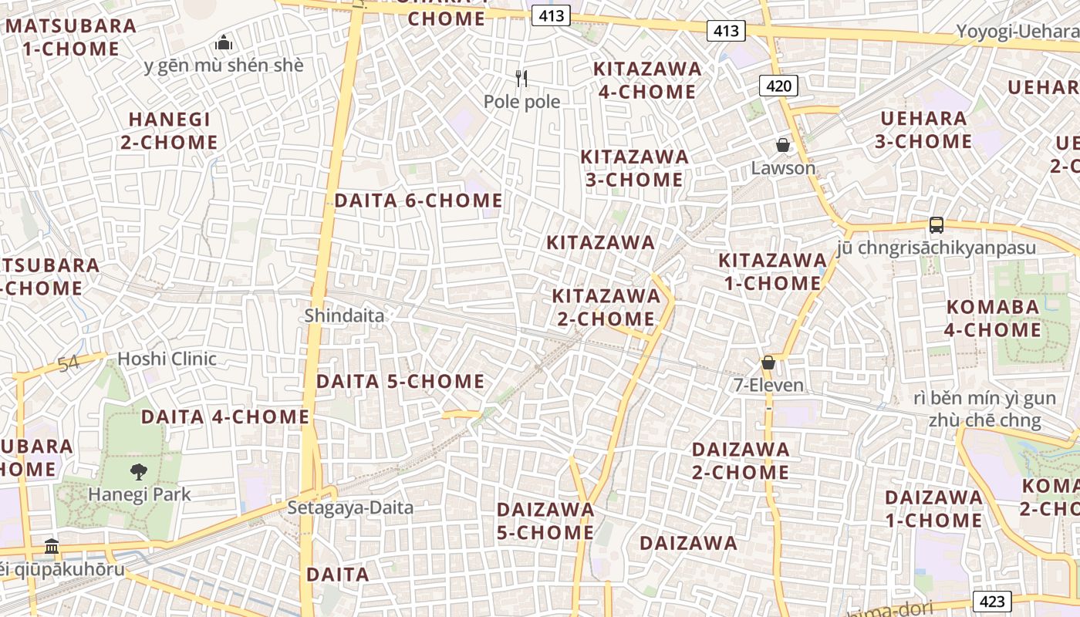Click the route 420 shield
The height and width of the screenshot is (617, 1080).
(x=778, y=86)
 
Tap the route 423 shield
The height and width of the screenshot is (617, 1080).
(x=991, y=601)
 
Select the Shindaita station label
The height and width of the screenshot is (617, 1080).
(x=344, y=315)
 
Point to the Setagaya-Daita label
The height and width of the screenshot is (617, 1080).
(x=350, y=507)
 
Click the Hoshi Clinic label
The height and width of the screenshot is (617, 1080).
(x=167, y=359)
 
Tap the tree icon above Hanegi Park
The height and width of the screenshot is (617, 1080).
(x=139, y=471)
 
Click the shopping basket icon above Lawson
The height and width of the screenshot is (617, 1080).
(x=783, y=145)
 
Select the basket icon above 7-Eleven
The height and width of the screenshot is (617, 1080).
(x=768, y=362)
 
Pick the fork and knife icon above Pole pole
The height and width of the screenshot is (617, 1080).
(x=521, y=78)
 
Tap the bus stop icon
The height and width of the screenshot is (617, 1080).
(x=937, y=225)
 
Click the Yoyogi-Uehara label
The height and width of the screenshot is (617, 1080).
(x=1018, y=32)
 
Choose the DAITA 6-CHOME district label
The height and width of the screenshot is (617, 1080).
(x=418, y=201)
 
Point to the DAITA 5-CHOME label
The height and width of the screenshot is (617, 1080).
(x=400, y=382)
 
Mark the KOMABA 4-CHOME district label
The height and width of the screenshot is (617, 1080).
(x=994, y=319)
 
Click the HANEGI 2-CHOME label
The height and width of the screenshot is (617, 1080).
(x=169, y=131)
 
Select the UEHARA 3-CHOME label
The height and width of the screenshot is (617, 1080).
(x=923, y=130)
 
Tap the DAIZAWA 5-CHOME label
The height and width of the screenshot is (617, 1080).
(x=545, y=521)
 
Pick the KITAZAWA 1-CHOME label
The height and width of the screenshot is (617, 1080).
(x=772, y=272)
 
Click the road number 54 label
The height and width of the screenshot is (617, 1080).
(x=69, y=362)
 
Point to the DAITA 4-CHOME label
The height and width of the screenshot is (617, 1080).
(x=225, y=417)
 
